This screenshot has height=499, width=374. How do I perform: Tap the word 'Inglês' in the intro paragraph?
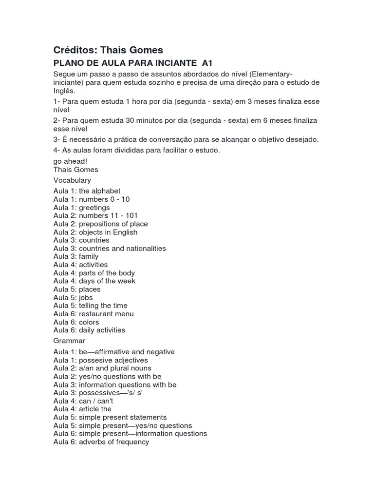(64, 91)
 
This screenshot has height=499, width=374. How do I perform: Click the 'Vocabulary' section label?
(72, 180)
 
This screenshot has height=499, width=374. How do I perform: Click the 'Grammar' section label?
(69, 341)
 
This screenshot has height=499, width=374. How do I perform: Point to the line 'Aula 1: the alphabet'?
(87, 191)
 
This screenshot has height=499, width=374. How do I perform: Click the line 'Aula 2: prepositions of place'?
(100, 224)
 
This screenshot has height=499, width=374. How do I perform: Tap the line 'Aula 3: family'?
(76, 256)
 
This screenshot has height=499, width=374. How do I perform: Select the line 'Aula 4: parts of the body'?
(94, 273)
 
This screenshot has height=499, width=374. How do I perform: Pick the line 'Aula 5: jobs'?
(73, 297)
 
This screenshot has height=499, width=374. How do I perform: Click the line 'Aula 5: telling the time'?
(90, 306)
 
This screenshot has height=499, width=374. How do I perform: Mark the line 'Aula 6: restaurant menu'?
(93, 314)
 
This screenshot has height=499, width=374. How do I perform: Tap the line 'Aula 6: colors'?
(76, 322)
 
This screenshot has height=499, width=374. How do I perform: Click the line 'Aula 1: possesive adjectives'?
(100, 360)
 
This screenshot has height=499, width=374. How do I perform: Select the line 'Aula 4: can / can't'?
(83, 401)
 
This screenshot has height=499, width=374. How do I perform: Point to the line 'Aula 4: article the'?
(82, 409)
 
